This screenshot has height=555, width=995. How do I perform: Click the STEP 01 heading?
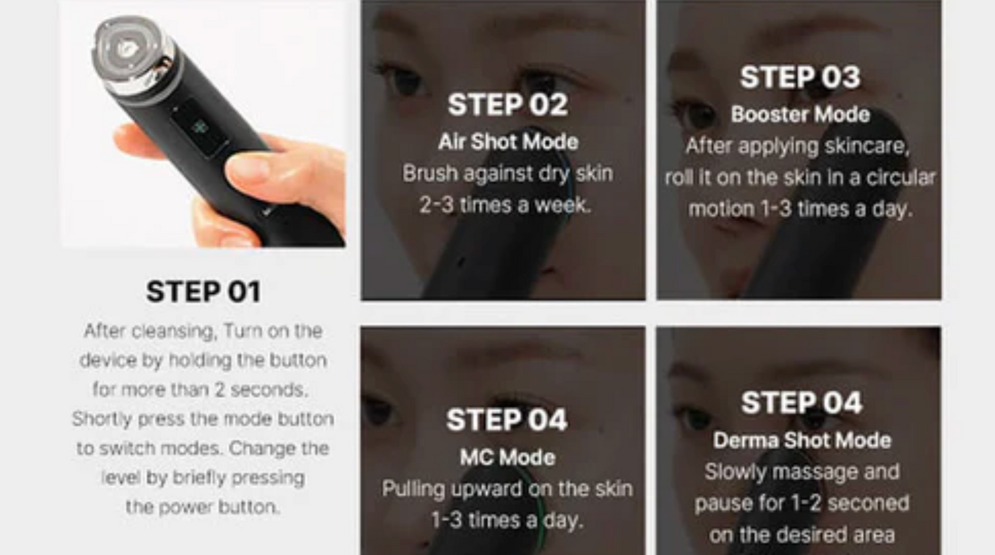[x=203, y=291]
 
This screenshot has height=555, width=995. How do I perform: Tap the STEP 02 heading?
[x=507, y=105]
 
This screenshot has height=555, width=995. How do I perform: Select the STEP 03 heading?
[x=800, y=77]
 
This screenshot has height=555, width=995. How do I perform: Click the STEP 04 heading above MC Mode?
[x=507, y=420]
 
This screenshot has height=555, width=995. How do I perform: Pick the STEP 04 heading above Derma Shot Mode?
[x=802, y=403]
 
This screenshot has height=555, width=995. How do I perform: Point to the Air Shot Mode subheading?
[x=508, y=142]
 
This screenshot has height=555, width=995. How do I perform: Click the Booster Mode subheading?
[x=800, y=114]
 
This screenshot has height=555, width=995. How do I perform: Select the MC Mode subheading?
[x=507, y=457]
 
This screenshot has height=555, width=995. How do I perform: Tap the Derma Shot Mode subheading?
[x=802, y=441]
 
